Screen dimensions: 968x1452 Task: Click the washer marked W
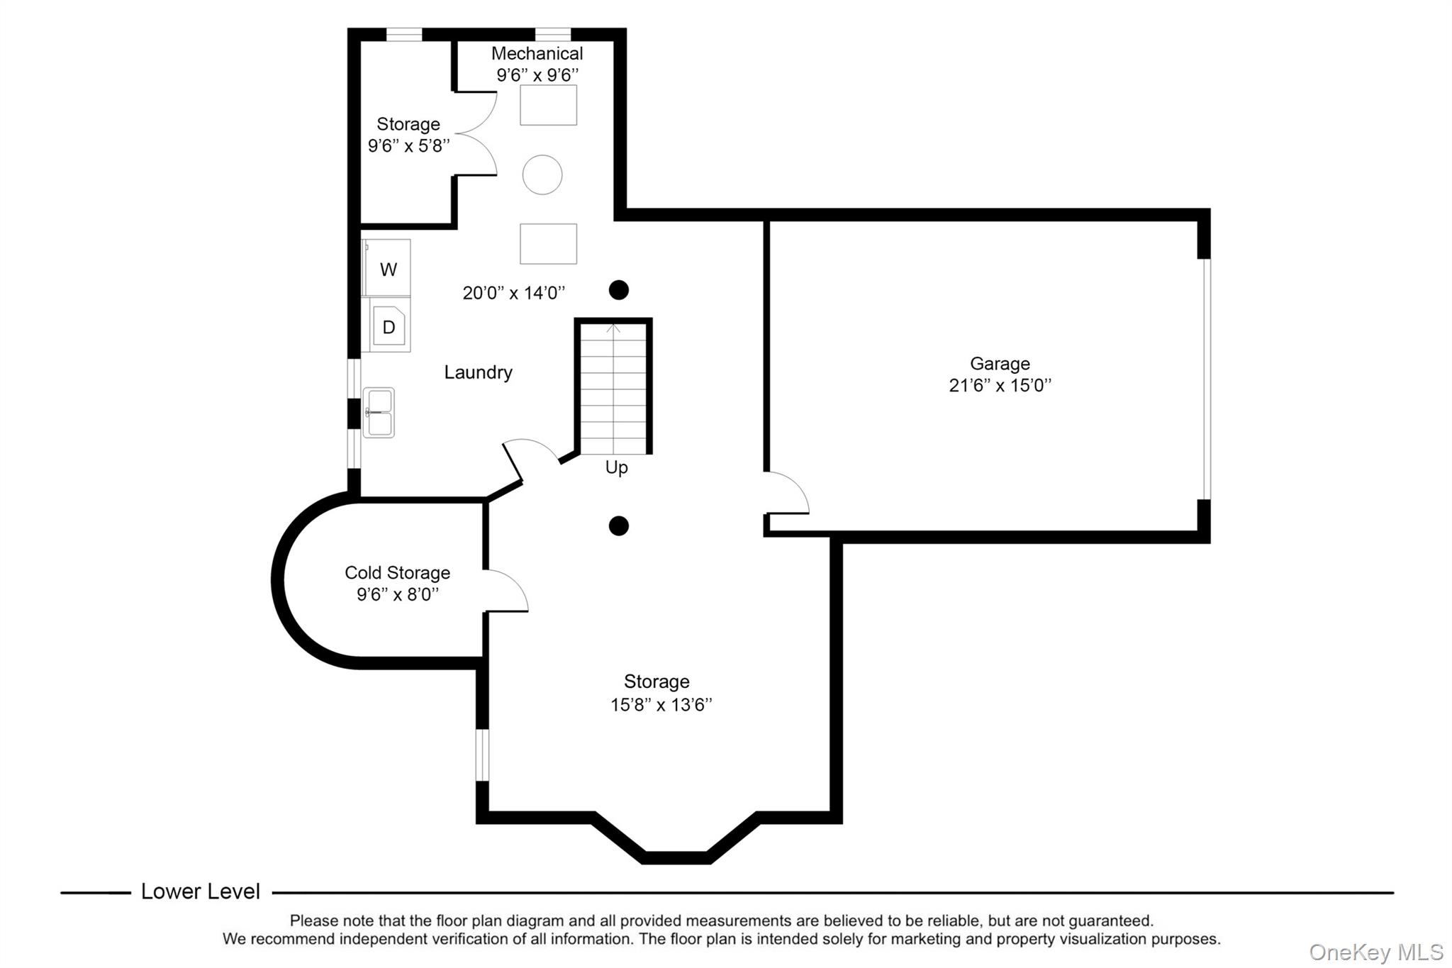[x=387, y=269]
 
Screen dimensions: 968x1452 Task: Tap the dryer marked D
[x=388, y=326]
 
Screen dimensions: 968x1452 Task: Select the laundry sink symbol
[x=379, y=412]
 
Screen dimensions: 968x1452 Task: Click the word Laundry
[x=478, y=372]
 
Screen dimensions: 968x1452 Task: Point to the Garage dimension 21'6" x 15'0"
[x=1000, y=386]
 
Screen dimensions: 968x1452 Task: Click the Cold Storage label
[x=397, y=572]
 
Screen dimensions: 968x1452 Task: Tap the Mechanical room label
[x=537, y=54]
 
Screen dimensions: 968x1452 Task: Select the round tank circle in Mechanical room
[x=542, y=174]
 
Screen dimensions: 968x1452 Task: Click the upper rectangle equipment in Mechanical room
[x=548, y=105]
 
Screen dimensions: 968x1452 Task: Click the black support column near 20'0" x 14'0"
[x=619, y=289]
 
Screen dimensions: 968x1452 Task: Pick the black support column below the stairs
[x=619, y=525]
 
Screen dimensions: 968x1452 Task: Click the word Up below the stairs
[x=616, y=468]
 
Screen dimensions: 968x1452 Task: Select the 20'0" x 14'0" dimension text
[x=513, y=293]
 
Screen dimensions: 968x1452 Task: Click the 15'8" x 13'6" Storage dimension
[x=661, y=705]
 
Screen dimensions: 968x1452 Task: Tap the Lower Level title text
[x=201, y=891]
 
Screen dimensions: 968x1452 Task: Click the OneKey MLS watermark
[x=1375, y=952]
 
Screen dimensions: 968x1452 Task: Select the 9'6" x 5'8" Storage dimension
[x=408, y=146]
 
